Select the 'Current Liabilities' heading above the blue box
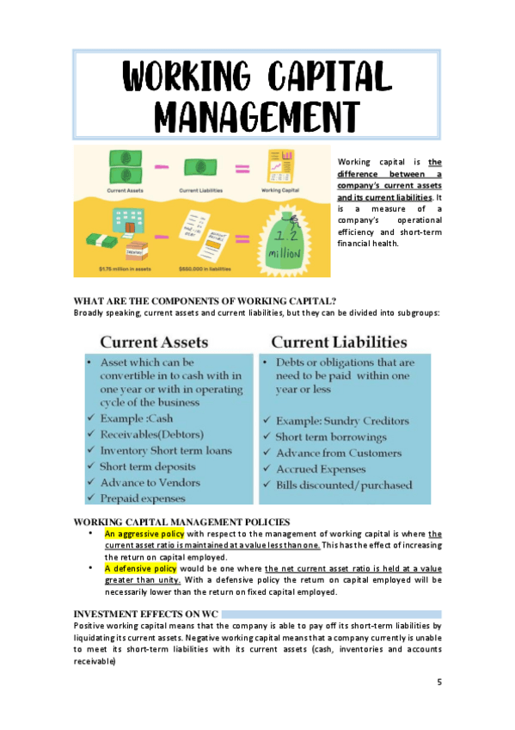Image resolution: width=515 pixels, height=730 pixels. (339, 342)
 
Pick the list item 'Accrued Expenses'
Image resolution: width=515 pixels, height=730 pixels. (320, 469)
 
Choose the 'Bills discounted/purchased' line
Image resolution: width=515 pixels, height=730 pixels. (343, 486)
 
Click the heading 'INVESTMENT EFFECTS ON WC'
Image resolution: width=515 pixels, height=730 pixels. (145, 613)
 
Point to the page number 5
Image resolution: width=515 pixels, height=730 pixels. (438, 682)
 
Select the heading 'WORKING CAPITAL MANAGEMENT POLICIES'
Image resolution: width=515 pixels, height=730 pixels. (182, 522)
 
